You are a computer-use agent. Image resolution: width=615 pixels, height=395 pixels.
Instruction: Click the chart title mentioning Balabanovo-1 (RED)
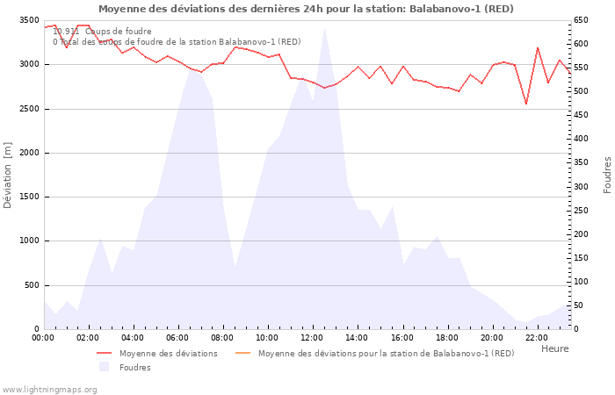point(306,9)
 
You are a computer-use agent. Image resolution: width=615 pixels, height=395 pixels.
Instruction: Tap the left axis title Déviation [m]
point(8,175)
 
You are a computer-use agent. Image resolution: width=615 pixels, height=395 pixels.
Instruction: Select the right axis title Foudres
point(607,175)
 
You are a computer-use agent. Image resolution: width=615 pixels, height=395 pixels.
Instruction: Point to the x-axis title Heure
point(554,348)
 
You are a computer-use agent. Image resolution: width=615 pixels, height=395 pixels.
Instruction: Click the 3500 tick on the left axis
point(29,20)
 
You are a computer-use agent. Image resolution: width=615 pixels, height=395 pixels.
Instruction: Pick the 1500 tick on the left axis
point(29,197)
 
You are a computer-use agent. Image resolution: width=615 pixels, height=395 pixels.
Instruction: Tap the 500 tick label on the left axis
point(32,285)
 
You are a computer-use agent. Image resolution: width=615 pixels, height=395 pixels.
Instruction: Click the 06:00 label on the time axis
point(177,337)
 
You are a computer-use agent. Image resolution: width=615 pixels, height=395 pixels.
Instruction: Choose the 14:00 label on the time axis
point(357,337)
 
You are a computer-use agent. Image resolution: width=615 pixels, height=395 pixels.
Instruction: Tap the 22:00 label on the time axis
point(536,337)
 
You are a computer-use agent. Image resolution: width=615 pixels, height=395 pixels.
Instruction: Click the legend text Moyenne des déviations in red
point(169,354)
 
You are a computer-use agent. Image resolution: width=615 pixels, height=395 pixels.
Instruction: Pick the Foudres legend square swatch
point(104,367)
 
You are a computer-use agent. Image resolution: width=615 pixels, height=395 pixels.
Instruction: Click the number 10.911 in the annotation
point(66,32)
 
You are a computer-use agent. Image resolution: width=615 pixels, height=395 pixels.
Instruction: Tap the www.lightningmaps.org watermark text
point(48,389)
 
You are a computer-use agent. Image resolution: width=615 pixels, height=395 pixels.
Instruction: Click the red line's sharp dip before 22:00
point(526,104)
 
